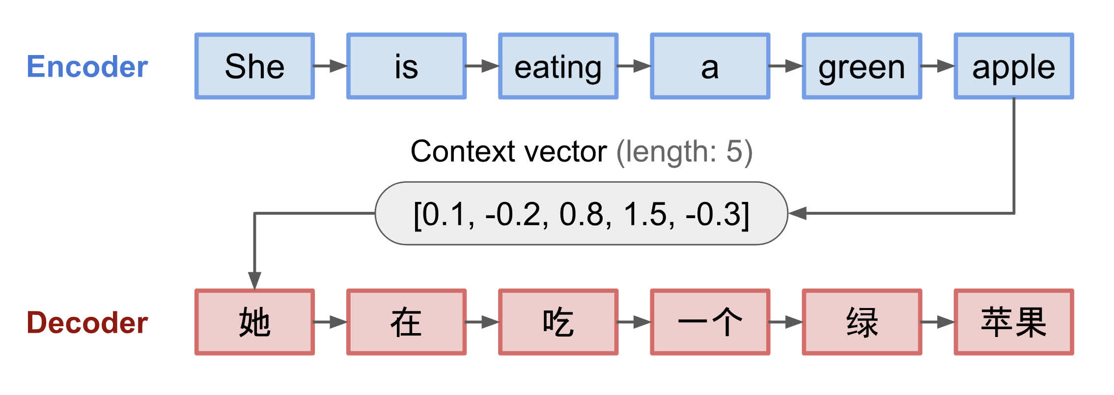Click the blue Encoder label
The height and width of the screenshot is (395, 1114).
(x=87, y=66)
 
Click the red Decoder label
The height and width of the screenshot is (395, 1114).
(x=87, y=323)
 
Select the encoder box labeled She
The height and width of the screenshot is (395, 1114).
(x=254, y=66)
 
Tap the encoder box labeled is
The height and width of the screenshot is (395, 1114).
(x=406, y=66)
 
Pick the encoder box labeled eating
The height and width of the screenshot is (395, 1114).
(x=558, y=66)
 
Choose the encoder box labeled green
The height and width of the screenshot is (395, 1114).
(x=862, y=66)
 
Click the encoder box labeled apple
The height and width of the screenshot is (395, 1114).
(x=1014, y=66)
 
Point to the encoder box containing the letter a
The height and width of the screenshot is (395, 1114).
(x=710, y=66)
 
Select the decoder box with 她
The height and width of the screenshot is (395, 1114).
(x=254, y=322)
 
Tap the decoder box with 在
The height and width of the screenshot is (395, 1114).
(x=406, y=322)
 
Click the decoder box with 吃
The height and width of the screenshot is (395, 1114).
(x=558, y=322)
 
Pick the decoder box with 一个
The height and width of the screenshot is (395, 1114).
(x=710, y=322)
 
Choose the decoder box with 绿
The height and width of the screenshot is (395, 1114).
(x=862, y=322)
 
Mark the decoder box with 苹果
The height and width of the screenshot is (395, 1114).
(x=1014, y=322)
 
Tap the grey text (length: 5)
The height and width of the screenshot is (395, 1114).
(x=684, y=151)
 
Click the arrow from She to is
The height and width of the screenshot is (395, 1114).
(x=331, y=66)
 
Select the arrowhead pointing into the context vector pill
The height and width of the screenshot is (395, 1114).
(x=797, y=213)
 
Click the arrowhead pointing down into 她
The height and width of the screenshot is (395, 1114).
(x=254, y=281)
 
